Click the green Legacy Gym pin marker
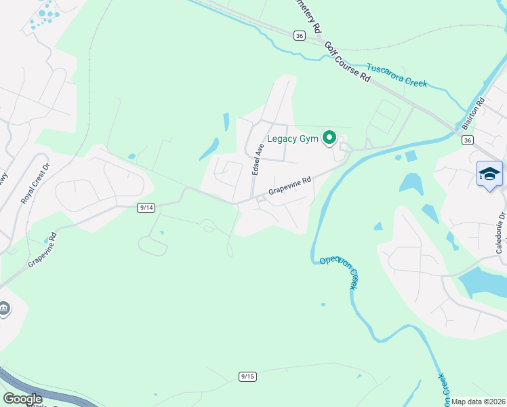click(329, 138)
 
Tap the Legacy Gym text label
click(293, 138)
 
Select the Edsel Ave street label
click(258, 160)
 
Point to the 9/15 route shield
click(247, 376)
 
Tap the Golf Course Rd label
click(347, 62)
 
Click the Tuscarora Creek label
click(397, 75)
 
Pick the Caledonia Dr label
click(500, 233)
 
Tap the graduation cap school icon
click(489, 174)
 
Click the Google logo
click(22, 399)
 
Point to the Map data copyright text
click(479, 402)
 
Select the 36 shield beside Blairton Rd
click(466, 140)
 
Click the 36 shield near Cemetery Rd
click(299, 35)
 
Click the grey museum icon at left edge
click(4, 309)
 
